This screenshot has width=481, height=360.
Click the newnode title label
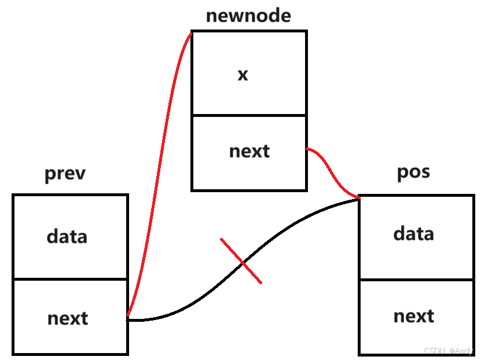point(248,16)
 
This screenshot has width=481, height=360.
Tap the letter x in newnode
point(243,74)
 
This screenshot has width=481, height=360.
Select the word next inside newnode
point(249,151)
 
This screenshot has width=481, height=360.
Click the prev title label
point(65,174)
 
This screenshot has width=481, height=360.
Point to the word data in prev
point(67,236)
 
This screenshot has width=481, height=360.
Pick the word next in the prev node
point(68,318)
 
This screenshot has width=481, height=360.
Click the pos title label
point(414,172)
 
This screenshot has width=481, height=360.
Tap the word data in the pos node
point(413,233)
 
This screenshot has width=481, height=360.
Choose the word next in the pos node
point(414,315)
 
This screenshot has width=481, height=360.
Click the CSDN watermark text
point(449,351)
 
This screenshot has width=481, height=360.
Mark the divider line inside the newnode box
point(249,115)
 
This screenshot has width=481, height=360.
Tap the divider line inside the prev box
point(69,279)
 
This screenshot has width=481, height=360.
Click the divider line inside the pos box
point(416,280)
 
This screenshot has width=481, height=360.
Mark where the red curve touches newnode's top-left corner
point(192,33)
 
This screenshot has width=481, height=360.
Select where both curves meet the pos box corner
point(359,198)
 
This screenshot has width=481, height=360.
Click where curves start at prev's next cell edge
point(128,318)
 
